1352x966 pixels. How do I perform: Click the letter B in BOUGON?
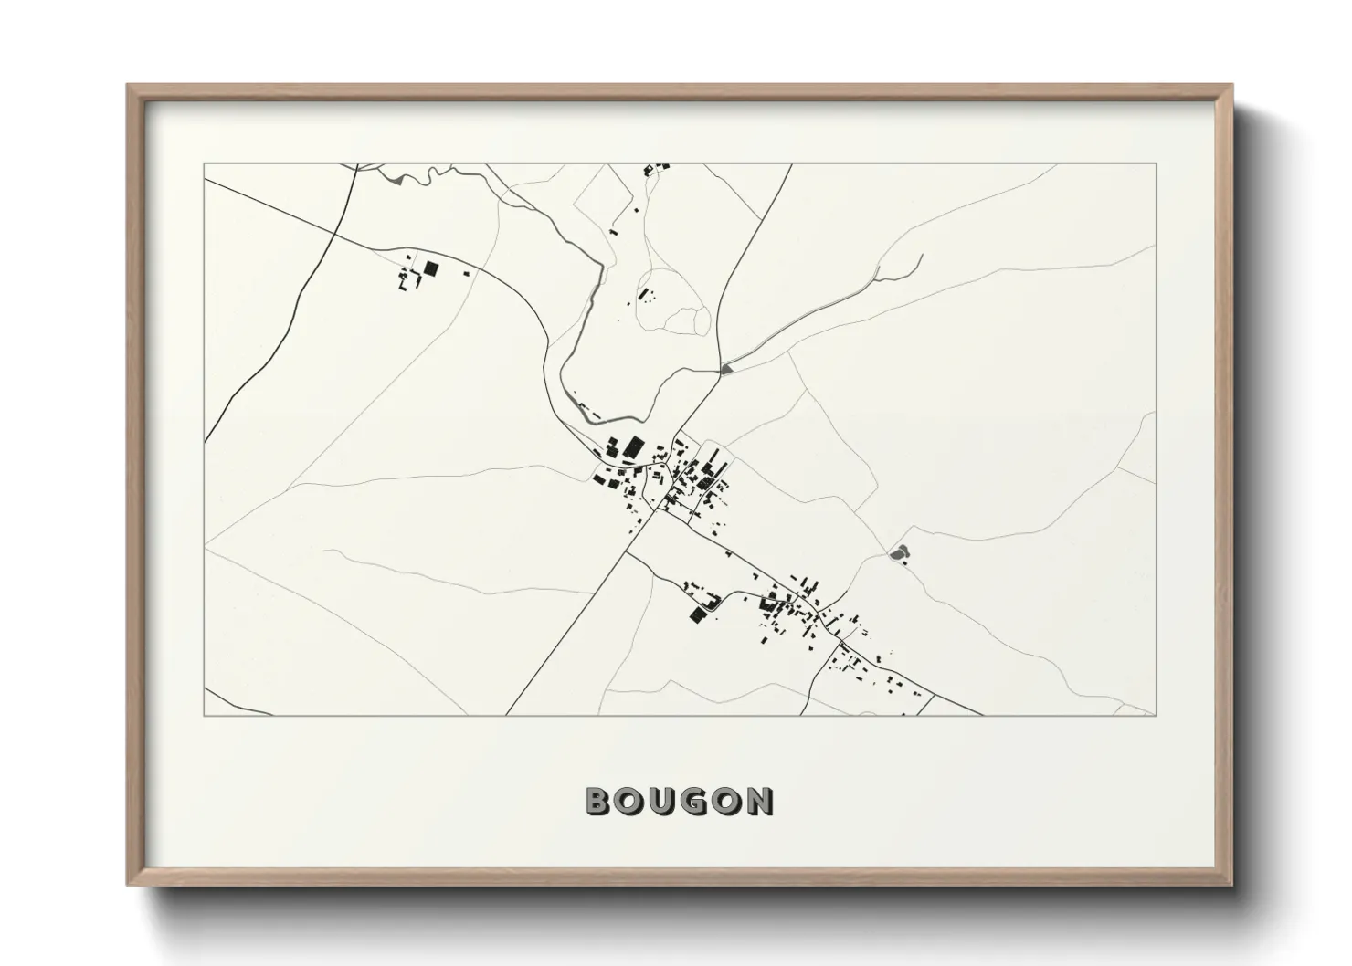(x=598, y=801)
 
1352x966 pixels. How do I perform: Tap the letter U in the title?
(x=666, y=801)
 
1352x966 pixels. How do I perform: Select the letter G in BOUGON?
(x=700, y=801)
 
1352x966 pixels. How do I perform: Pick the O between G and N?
(x=731, y=801)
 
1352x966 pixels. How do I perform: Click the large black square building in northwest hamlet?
(x=431, y=268)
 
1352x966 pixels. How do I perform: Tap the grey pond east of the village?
(x=899, y=551)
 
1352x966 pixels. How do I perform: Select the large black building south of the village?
(x=698, y=614)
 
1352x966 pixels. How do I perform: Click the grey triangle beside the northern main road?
(x=726, y=369)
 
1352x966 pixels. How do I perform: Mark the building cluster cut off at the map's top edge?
(x=657, y=168)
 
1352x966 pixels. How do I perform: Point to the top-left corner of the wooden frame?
(x=129, y=87)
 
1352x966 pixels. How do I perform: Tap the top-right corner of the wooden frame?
(x=1230, y=87)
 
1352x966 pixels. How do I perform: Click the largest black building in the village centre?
(x=633, y=447)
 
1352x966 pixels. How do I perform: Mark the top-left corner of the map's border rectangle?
(x=204, y=164)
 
